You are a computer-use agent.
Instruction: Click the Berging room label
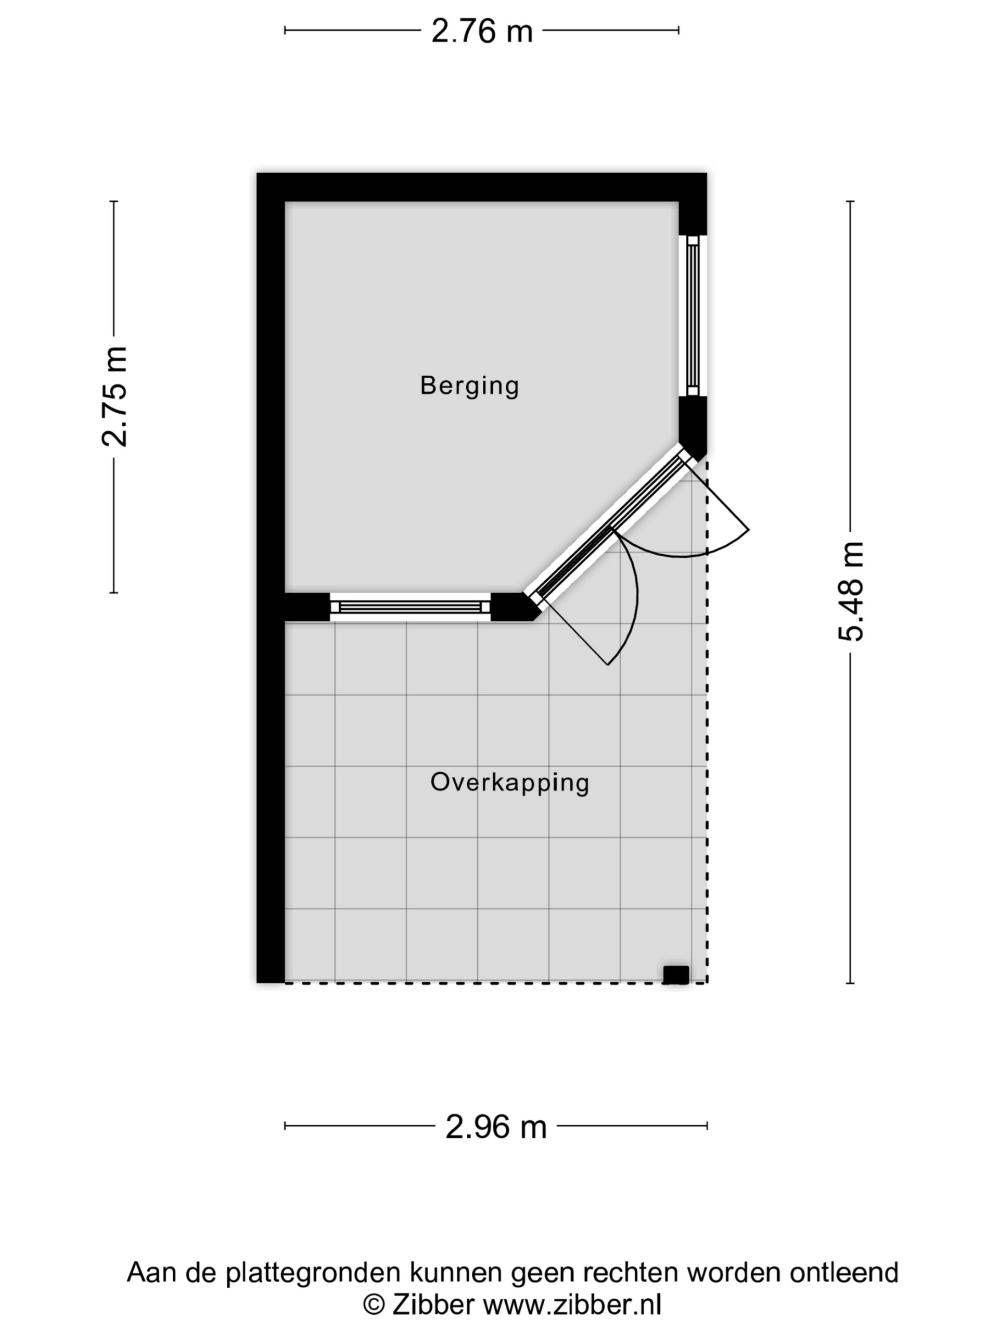[x=469, y=386]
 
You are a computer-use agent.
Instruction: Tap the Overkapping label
[x=509, y=783]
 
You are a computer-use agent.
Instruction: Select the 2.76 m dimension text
[x=482, y=31]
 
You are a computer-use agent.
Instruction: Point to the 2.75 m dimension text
[x=114, y=397]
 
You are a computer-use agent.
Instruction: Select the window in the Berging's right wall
[x=693, y=315]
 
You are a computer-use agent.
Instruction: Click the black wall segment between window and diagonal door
[x=513, y=607]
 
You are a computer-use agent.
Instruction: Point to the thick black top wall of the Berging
[x=481, y=187]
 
